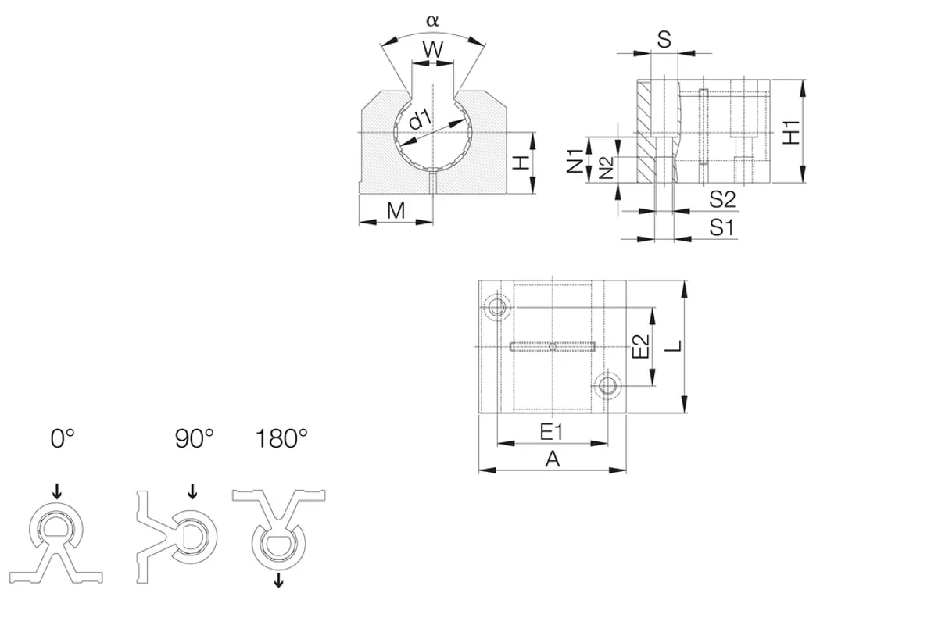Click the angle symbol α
[x=432, y=20]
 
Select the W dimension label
[x=432, y=50]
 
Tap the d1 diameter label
[x=420, y=120]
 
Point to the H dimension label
[x=521, y=162]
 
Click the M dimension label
[x=396, y=211]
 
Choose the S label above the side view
[x=664, y=40]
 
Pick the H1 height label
[x=791, y=132]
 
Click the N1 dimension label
[x=575, y=161]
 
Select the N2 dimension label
[x=606, y=168]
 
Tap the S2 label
[x=722, y=199]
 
